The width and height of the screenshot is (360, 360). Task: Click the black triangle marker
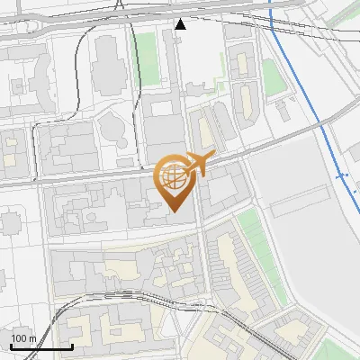(181, 24)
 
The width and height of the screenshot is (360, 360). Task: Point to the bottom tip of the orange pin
(174, 211)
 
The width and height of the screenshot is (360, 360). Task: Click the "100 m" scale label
(23, 338)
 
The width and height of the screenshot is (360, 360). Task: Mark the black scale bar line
(41, 346)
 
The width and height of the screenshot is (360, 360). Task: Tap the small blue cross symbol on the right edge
(342, 176)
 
